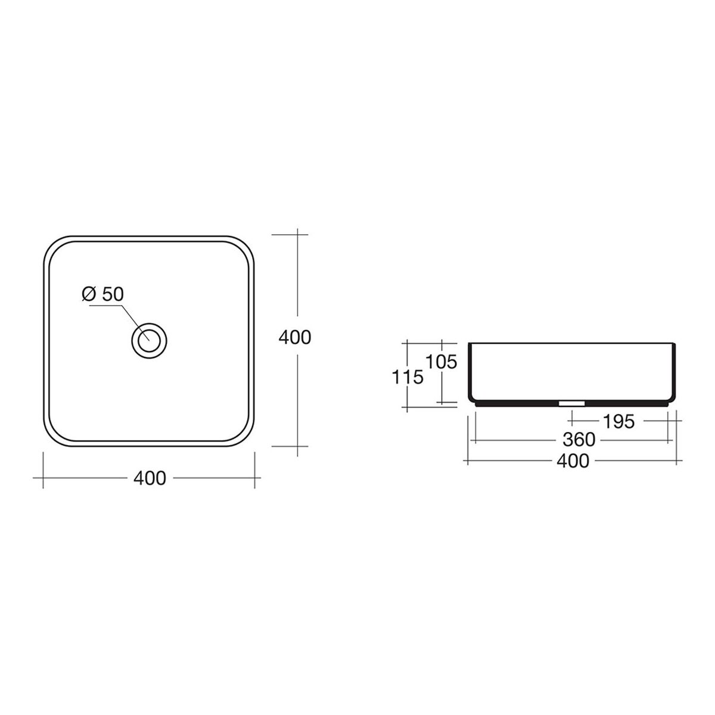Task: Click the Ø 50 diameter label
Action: (x=102, y=294)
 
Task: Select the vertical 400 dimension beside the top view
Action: (x=294, y=338)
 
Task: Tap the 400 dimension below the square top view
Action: (x=150, y=478)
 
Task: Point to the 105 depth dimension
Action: (x=441, y=362)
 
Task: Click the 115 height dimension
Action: (x=408, y=378)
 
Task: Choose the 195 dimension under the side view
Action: (x=618, y=421)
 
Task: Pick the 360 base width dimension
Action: (x=579, y=440)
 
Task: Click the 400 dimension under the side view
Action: (x=573, y=461)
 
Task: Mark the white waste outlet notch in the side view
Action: (x=572, y=403)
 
